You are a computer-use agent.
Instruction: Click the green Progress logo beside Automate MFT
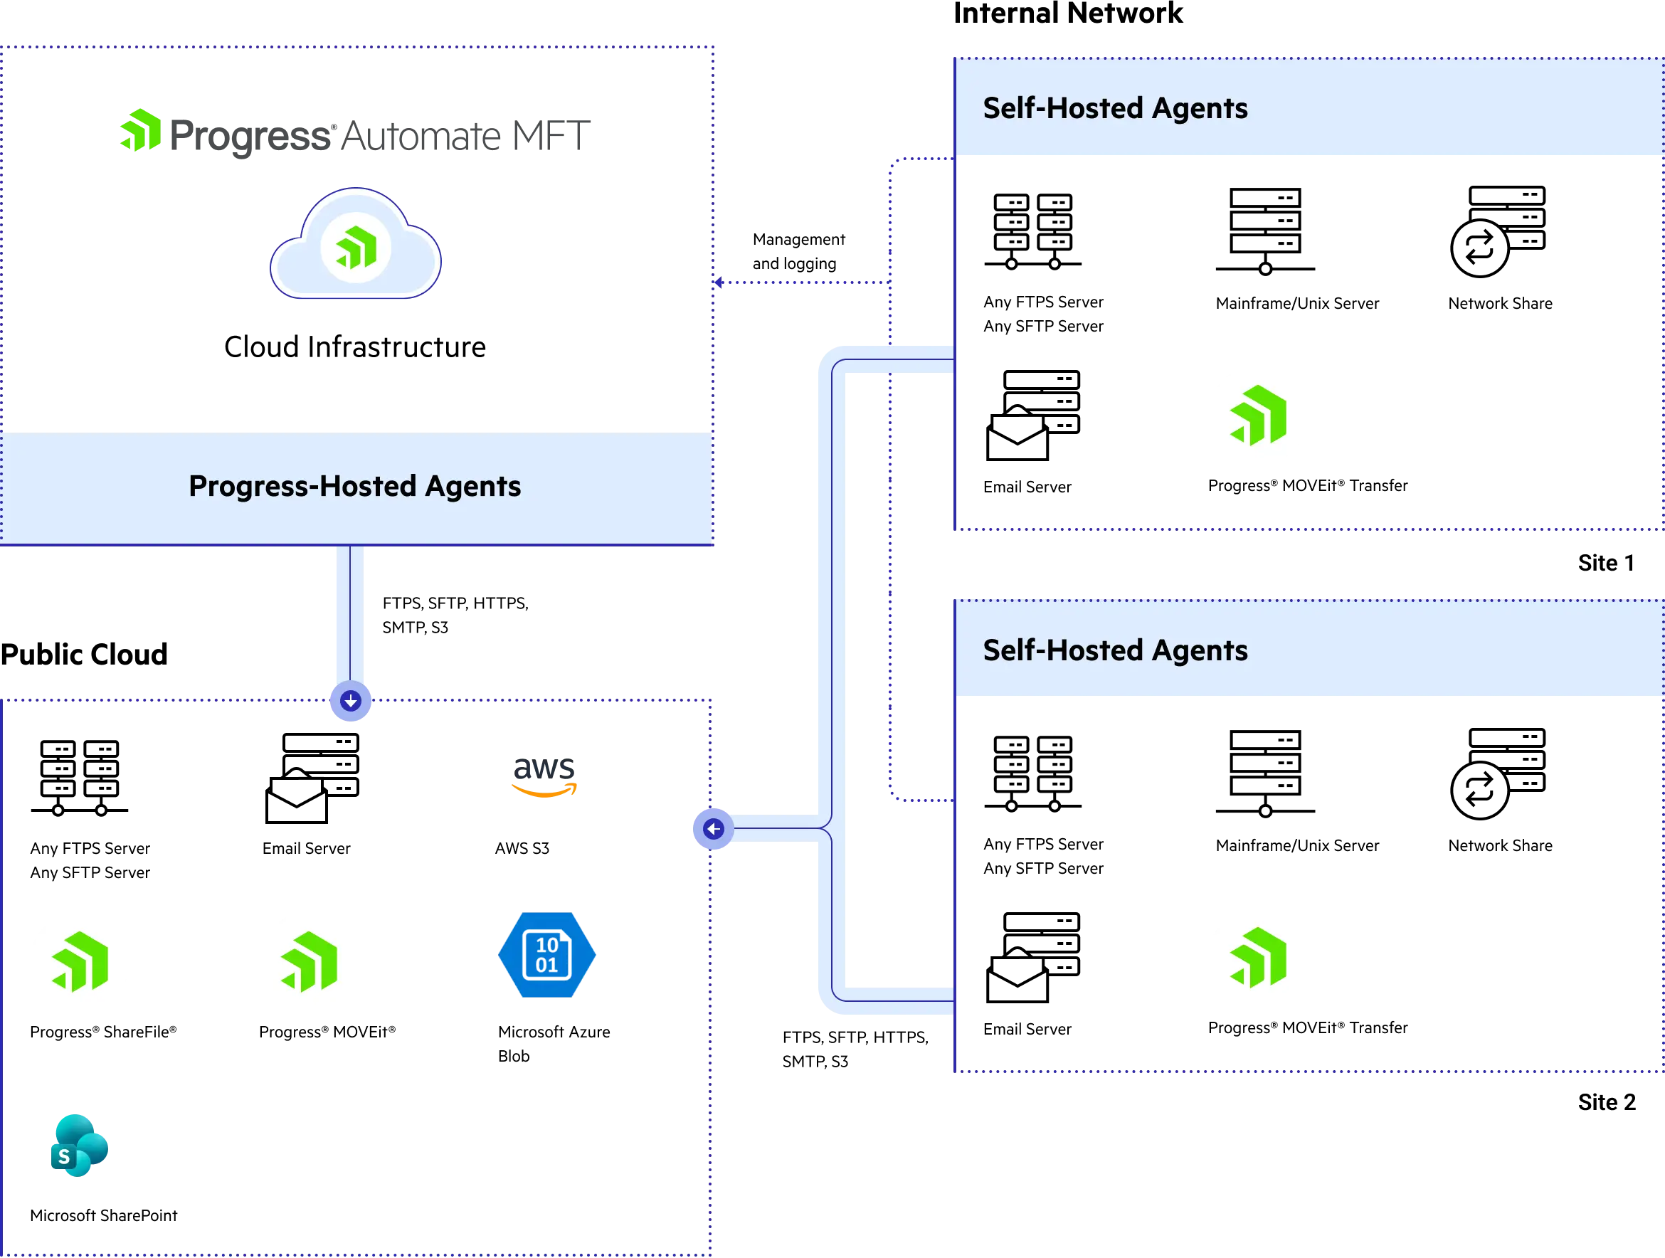click(x=142, y=131)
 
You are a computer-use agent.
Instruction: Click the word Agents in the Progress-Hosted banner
click(x=472, y=486)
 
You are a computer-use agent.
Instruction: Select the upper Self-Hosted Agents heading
click(x=1115, y=108)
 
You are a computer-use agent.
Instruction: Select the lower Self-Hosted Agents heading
click(x=1115, y=650)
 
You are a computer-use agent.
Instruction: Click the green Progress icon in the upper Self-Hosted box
click(x=1257, y=416)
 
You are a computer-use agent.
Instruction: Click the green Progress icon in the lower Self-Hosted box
click(x=1257, y=956)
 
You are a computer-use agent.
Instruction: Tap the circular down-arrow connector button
click(x=351, y=702)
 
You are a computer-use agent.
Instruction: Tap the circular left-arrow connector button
click(x=713, y=829)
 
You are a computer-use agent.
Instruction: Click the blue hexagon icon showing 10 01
click(x=547, y=955)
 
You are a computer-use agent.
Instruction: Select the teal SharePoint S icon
click(x=79, y=1144)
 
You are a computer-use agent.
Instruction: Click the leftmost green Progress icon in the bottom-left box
click(x=80, y=961)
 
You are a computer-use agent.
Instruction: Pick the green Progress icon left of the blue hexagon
click(x=307, y=961)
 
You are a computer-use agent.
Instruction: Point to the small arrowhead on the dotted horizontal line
click(x=719, y=283)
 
